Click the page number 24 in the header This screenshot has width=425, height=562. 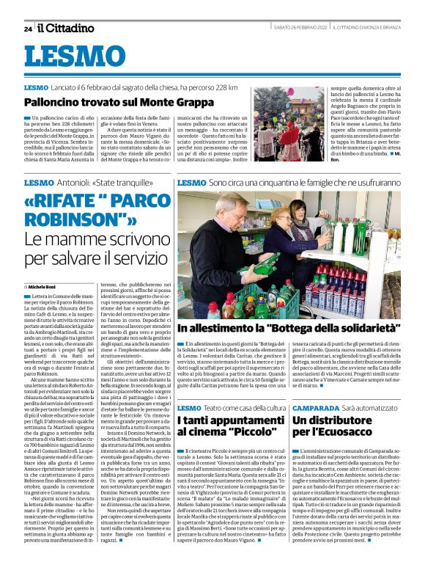point(28,29)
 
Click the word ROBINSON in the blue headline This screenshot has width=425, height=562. point(69,219)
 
